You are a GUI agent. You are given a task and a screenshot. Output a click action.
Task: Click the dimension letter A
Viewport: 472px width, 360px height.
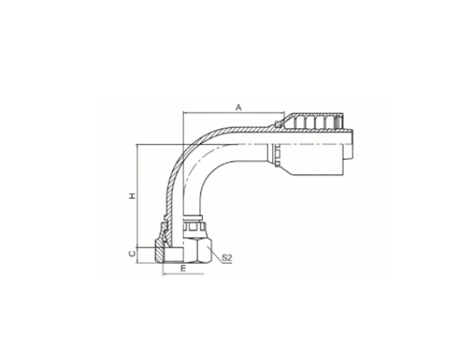click(239, 107)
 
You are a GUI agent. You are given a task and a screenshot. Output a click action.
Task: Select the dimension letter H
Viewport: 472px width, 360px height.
click(132, 196)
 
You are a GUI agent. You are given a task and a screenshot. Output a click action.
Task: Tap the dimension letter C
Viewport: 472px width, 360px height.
click(132, 254)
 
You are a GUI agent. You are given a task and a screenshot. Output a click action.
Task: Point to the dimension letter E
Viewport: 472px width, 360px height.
click(183, 269)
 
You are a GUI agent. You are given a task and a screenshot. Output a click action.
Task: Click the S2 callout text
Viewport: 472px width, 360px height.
click(227, 258)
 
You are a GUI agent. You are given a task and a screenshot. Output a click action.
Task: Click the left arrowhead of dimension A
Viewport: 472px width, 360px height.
click(186, 113)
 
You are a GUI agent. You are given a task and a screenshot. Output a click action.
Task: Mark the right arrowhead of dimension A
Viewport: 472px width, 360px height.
click(282, 113)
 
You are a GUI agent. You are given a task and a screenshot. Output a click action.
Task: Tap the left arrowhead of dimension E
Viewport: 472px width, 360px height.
click(165, 274)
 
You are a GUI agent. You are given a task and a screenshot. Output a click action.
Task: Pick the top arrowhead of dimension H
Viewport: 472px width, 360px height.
click(137, 148)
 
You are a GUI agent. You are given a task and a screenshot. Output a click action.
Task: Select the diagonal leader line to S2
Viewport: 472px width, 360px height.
click(215, 254)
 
